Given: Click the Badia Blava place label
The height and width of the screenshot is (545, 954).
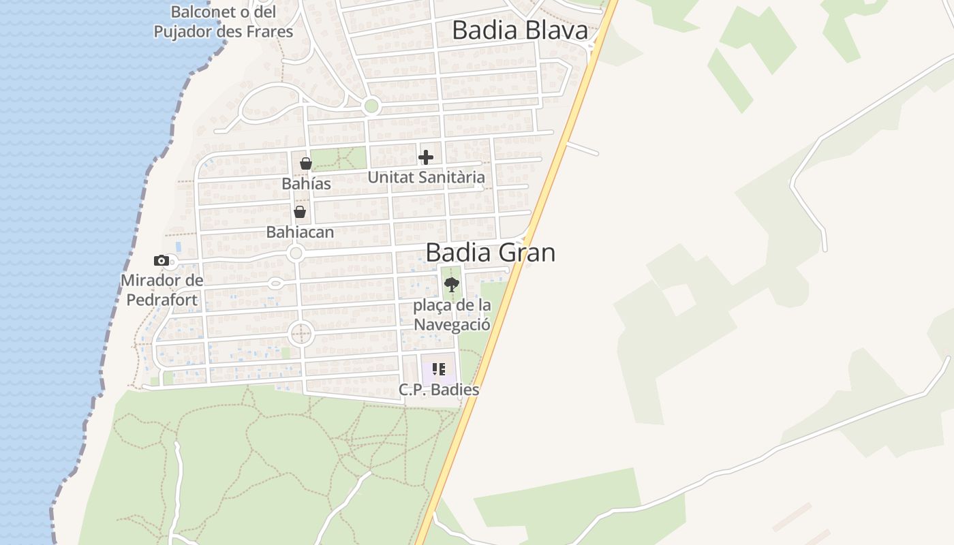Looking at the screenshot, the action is click(519, 31).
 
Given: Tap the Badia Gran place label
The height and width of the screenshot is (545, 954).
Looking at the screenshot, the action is click(490, 253).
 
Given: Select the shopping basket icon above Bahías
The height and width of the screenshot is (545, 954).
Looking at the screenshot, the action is click(306, 163).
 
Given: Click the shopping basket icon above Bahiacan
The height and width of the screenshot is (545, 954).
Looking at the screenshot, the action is click(299, 212).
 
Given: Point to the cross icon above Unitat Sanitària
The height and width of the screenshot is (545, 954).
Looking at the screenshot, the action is click(426, 157).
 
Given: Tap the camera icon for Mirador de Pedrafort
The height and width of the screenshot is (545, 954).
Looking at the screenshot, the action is click(161, 260).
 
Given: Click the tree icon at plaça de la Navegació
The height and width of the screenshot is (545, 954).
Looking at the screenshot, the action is click(451, 285).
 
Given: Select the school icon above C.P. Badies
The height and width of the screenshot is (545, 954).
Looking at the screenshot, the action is click(439, 369).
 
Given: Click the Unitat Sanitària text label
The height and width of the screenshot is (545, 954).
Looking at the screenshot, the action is click(426, 178).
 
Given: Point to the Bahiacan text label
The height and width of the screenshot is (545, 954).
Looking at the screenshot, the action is click(300, 232).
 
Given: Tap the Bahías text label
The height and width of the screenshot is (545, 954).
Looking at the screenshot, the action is click(306, 184).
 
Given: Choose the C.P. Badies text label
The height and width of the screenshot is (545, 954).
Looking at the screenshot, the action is click(439, 390).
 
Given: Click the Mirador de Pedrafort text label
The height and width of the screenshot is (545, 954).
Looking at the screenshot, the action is click(161, 290).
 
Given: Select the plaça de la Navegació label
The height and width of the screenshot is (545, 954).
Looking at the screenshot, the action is click(452, 315).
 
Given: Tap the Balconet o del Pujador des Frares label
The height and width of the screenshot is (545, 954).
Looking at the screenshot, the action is click(223, 22).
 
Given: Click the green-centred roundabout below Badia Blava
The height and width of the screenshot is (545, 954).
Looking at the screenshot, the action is click(371, 106).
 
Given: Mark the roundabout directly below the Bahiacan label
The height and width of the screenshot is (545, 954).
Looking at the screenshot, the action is click(296, 253).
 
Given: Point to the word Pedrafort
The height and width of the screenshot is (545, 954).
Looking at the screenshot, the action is click(161, 300).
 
